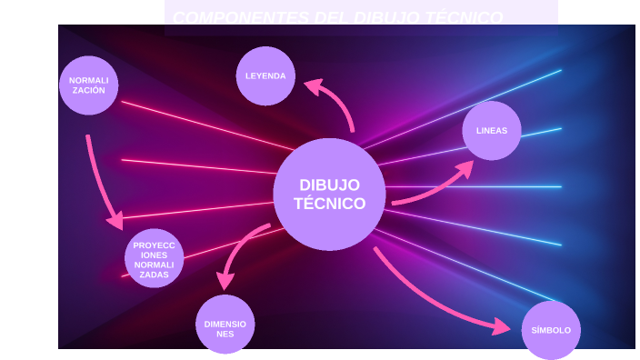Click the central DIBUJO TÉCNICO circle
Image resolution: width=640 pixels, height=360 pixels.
click(x=329, y=194)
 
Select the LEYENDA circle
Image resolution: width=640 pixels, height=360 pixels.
click(x=265, y=75)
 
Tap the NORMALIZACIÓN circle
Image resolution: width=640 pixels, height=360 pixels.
click(x=88, y=85)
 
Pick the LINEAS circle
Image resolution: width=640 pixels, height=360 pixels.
click(x=492, y=130)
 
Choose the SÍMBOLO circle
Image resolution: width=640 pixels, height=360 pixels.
click(x=551, y=330)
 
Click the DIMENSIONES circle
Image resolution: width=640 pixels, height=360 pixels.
click(x=225, y=325)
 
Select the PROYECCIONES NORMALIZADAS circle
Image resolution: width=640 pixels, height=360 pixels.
click(x=154, y=259)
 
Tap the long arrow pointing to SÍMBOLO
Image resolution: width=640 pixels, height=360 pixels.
click(x=427, y=301)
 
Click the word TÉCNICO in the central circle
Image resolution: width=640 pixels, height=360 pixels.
click(x=329, y=204)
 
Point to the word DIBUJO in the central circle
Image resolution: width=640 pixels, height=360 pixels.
click(x=329, y=185)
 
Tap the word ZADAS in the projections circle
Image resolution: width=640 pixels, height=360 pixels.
click(x=154, y=275)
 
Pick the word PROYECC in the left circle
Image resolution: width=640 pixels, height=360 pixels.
click(x=154, y=245)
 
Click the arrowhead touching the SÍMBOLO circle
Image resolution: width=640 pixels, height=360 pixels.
click(x=501, y=325)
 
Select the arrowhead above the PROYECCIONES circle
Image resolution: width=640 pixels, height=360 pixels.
click(x=115, y=221)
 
